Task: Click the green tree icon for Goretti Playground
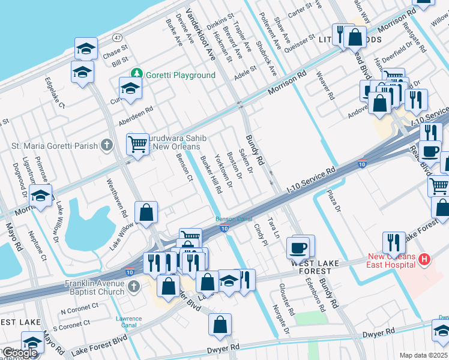137,74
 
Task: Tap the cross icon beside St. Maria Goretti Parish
106,145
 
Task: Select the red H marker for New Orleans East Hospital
424,260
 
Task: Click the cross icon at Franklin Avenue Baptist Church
133,286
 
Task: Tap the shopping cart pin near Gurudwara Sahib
138,144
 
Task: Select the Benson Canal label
234,219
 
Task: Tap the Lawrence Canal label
129,322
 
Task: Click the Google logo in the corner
20,353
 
